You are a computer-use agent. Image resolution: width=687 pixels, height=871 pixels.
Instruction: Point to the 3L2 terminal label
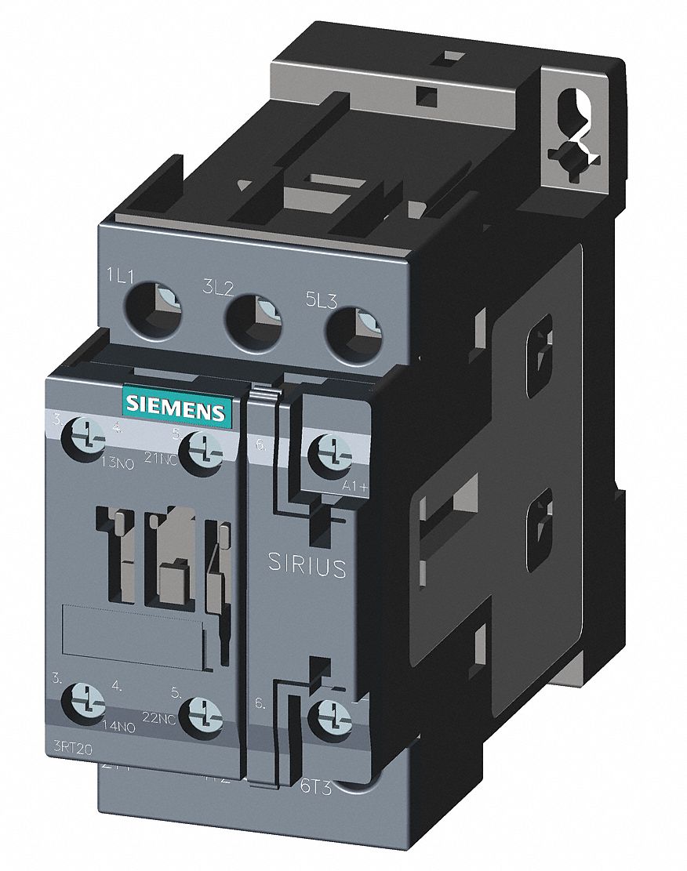coord(219,288)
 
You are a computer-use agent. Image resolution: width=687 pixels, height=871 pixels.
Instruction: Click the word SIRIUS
coord(307,564)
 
